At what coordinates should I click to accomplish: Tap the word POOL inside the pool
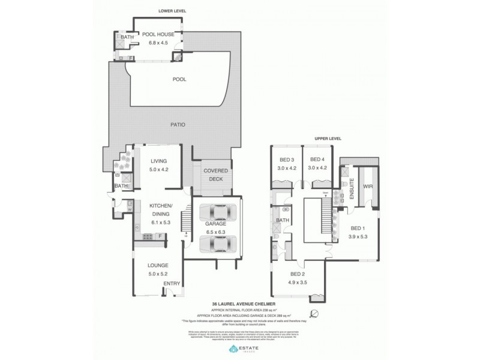click(x=179, y=79)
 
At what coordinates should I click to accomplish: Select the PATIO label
click(x=177, y=125)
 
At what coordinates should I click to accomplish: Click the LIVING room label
click(x=158, y=161)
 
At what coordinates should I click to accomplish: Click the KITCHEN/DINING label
click(x=160, y=209)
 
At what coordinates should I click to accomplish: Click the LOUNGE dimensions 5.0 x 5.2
click(x=158, y=274)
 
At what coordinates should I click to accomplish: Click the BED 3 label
click(x=287, y=160)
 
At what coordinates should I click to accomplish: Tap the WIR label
click(x=368, y=187)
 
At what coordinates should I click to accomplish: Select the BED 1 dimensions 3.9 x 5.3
click(x=358, y=236)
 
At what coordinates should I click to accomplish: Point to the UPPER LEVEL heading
click(x=328, y=139)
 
